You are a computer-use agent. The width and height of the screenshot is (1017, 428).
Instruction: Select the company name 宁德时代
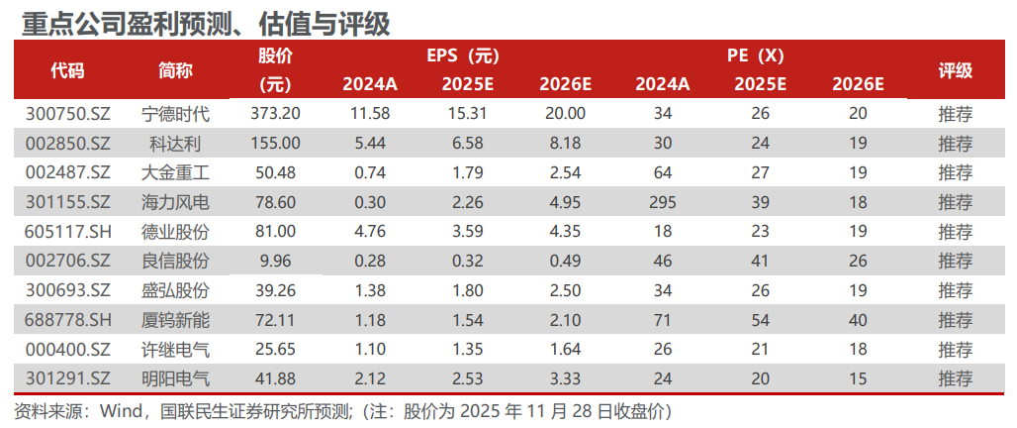pyautogui.click(x=176, y=114)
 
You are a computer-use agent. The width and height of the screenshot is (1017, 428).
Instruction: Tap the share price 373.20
pyautogui.click(x=276, y=114)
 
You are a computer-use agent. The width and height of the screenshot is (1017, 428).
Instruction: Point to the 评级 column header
pyautogui.click(x=955, y=69)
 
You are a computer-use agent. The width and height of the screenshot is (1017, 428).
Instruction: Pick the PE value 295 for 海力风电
pyautogui.click(x=663, y=203)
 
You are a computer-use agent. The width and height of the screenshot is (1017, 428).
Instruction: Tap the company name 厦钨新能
pyautogui.click(x=176, y=321)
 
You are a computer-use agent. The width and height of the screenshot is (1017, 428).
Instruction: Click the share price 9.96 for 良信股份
pyautogui.click(x=276, y=263)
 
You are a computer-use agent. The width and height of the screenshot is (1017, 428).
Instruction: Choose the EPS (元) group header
pyautogui.click(x=470, y=55)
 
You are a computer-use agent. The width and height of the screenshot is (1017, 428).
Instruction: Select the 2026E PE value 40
pyautogui.click(x=858, y=321)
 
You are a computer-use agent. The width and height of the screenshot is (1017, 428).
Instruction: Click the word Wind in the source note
pyautogui.click(x=118, y=409)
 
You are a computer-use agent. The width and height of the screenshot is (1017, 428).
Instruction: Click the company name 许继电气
pyautogui.click(x=176, y=351)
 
